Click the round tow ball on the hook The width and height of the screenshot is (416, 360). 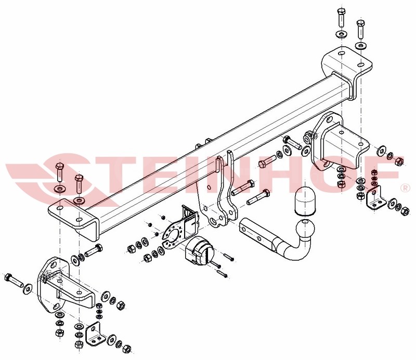coord(306,228)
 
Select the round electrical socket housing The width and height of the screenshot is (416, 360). coord(200,250)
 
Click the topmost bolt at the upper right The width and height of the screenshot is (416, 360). coord(341,18)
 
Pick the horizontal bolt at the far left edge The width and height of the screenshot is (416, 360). coord(14,281)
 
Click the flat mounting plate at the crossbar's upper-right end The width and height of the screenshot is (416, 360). coord(346,63)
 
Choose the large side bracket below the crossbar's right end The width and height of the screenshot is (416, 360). coord(337,143)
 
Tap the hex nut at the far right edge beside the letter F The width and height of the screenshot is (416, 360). coord(399,161)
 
